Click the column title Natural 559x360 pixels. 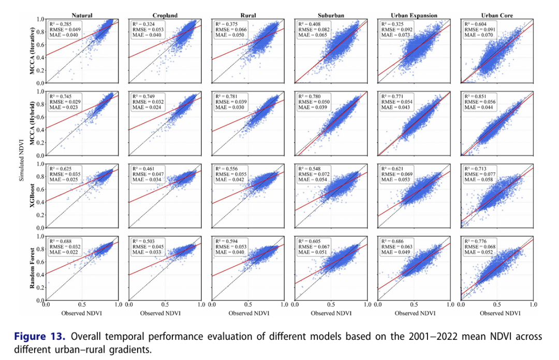pyautogui.click(x=82, y=16)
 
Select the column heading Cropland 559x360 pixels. pyautogui.click(x=165, y=16)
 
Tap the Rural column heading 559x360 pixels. pyautogui.click(x=248, y=16)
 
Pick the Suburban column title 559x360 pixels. pyautogui.click(x=332, y=16)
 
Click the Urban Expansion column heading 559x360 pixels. pyautogui.click(x=415, y=16)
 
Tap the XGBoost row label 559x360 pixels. pyautogui.click(x=33, y=196)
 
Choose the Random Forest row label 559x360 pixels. pyautogui.click(x=33, y=269)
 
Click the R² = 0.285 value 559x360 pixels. pyautogui.click(x=60, y=24)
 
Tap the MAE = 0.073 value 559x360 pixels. pyautogui.click(x=395, y=35)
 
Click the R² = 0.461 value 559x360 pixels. pyautogui.click(x=143, y=169)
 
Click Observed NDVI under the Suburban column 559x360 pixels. pyautogui.click(x=332, y=313)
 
